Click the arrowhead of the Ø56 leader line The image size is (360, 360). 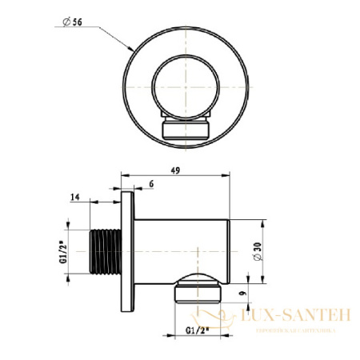tap(133, 49)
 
